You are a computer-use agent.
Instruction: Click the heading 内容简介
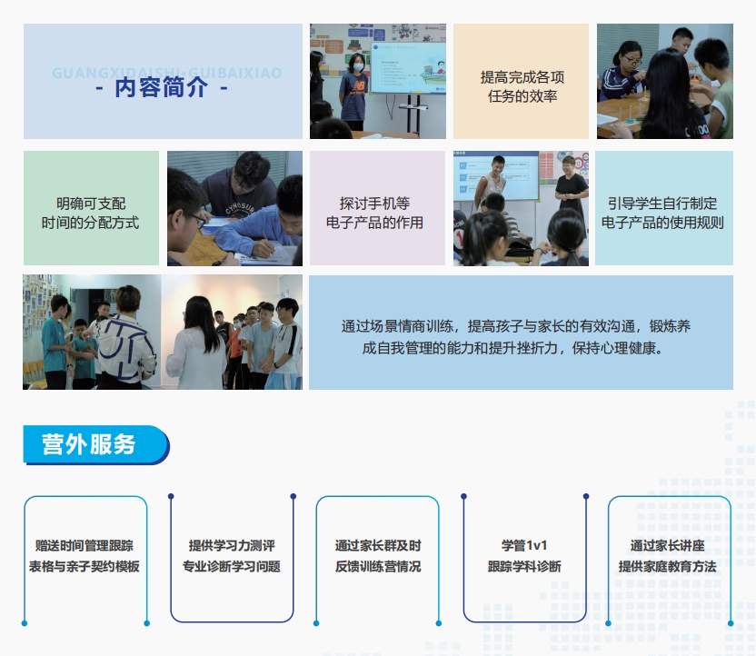pyautogui.click(x=162, y=88)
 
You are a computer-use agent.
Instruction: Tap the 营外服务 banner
pyautogui.click(x=96, y=445)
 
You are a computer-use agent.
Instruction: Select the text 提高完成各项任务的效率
pyautogui.click(x=522, y=86)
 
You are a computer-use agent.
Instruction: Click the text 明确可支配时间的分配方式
pyautogui.click(x=91, y=213)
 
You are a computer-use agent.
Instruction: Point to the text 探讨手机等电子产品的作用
pyautogui.click(x=374, y=213)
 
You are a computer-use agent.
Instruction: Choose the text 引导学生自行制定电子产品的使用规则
pyautogui.click(x=662, y=213)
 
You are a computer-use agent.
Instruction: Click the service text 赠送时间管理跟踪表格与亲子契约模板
pyautogui.click(x=85, y=556)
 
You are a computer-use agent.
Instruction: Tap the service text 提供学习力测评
pyautogui.click(x=232, y=546)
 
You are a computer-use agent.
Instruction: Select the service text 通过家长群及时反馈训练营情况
pyautogui.click(x=378, y=556)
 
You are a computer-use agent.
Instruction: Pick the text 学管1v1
pyautogui.click(x=524, y=546)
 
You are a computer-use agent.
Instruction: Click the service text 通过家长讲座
pyautogui.click(x=667, y=546)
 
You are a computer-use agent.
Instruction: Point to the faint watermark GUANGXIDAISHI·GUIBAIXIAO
pyautogui.click(x=167, y=73)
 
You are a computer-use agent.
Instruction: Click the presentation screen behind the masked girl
pyautogui.click(x=408, y=67)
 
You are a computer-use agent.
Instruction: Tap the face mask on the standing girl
pyautogui.click(x=358, y=67)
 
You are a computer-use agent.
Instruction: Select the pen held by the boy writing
pyautogui.click(x=264, y=234)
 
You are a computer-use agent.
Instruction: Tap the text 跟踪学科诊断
pyautogui.click(x=524, y=566)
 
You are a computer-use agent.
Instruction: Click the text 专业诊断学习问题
pyautogui.click(x=232, y=566)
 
